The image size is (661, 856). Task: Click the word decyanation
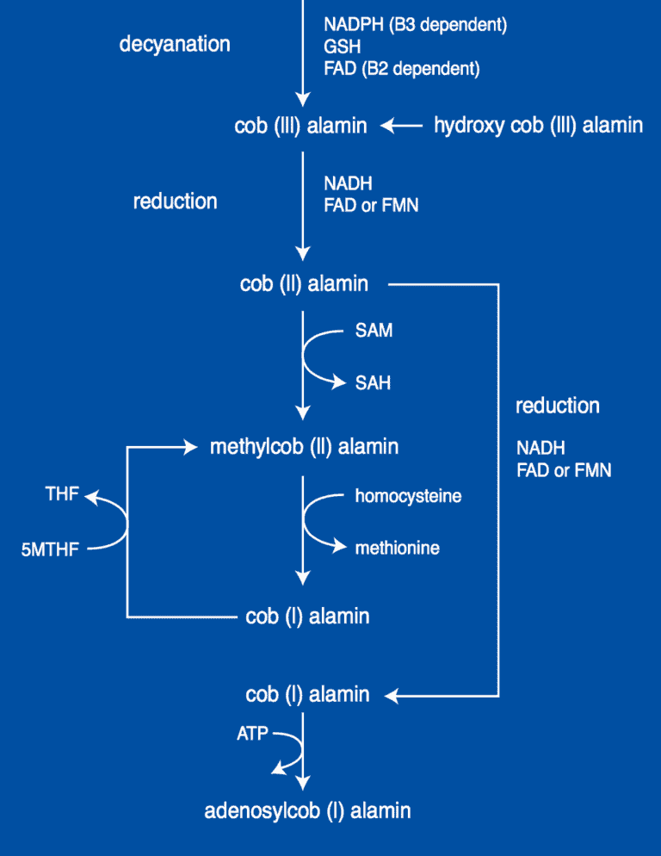(x=175, y=43)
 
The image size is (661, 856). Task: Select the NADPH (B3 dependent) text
(x=415, y=26)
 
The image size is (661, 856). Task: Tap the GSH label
(x=342, y=47)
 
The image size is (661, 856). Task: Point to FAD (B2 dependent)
(x=401, y=69)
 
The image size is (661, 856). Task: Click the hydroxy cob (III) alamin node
(x=538, y=126)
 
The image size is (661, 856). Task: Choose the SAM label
(x=374, y=331)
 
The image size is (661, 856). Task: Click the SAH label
(x=373, y=382)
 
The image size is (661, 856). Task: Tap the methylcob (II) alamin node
(x=304, y=447)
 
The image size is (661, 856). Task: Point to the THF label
(x=62, y=494)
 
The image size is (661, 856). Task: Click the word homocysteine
(x=408, y=496)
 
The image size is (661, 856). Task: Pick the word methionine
(x=397, y=548)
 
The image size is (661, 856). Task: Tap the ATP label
(x=253, y=735)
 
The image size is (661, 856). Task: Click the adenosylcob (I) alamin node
(x=307, y=810)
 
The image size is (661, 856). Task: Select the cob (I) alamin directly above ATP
(x=307, y=694)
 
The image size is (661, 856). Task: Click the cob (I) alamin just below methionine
(x=307, y=617)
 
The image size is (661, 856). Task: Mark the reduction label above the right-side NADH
(x=557, y=406)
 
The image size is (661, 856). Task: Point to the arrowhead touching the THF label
(x=90, y=496)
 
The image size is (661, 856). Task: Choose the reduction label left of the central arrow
(x=175, y=202)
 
